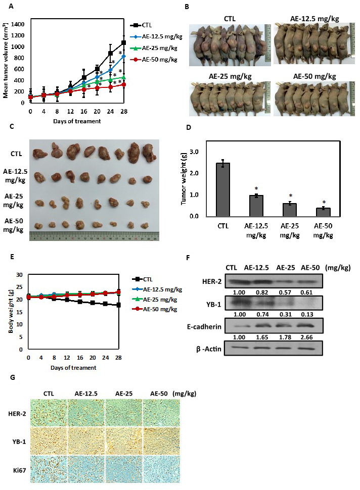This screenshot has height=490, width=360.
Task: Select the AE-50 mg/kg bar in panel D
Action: (x=320, y=212)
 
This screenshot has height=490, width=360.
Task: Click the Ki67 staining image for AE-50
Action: (x=161, y=469)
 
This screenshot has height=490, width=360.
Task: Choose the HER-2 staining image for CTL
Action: (x=50, y=414)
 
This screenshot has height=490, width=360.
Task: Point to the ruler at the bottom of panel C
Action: (x=95, y=236)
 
